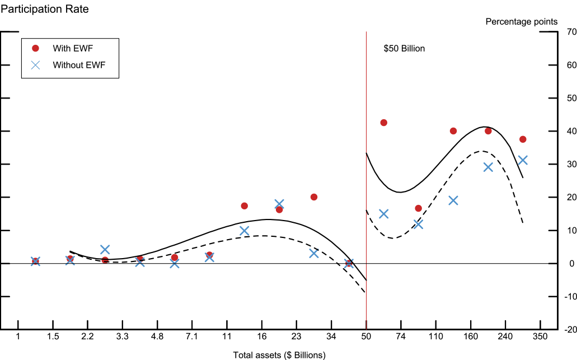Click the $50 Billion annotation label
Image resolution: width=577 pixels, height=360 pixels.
(404, 49)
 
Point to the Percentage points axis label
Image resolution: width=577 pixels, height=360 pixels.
(521, 22)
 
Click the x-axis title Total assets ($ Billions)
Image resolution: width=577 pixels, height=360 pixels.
(279, 355)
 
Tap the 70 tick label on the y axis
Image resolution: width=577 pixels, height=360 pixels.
(571, 32)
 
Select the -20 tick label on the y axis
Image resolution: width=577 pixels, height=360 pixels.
(570, 330)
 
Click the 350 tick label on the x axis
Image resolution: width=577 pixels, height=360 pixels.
(540, 336)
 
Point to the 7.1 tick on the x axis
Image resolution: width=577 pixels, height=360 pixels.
(192, 336)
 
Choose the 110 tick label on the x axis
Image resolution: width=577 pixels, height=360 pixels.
(435, 336)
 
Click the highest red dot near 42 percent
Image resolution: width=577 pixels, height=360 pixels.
(383, 123)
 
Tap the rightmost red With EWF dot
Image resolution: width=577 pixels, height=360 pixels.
(523, 139)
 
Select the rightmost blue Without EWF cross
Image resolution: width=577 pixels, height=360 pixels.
(523, 160)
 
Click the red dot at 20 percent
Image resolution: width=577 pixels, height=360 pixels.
(314, 197)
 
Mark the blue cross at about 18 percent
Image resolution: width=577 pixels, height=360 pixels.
(279, 204)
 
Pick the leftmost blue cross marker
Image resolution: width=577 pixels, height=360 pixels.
(35, 261)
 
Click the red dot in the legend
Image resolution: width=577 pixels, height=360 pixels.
(35, 48)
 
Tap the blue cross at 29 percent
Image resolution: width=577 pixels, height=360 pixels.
(488, 167)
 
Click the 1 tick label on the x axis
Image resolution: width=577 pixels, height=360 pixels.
(18, 336)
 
